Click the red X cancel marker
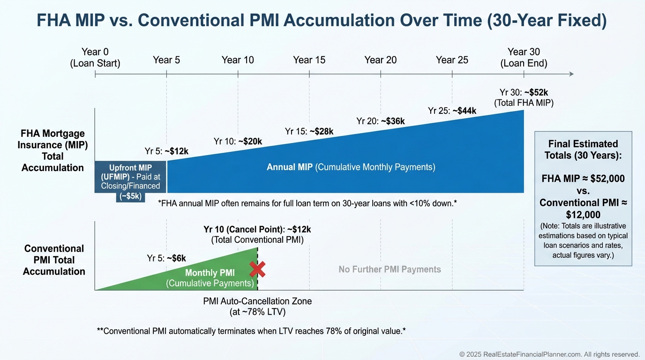point(257,270)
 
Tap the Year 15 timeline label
point(309,60)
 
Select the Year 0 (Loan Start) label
point(95,58)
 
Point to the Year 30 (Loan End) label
point(524,58)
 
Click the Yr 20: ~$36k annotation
point(380,121)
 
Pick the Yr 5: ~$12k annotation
point(166,151)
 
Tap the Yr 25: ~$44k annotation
point(452,111)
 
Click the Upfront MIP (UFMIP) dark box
point(130,177)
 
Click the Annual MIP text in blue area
point(351,167)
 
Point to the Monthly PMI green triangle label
point(210,278)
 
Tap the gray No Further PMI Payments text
point(390,269)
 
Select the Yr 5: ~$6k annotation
point(166,258)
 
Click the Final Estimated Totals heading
point(583,150)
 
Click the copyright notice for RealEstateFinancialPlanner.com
point(549,354)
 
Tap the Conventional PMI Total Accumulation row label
point(54,260)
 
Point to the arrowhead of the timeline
point(570,74)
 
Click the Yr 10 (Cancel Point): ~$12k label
point(257,234)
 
